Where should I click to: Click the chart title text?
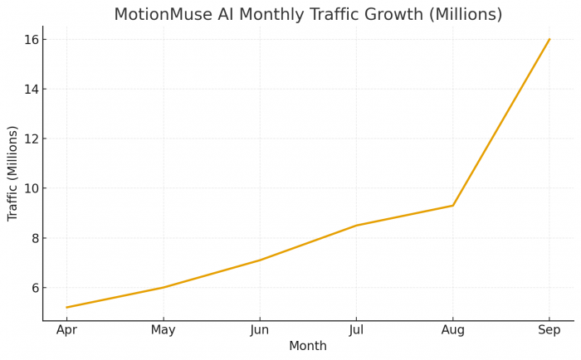(308, 14)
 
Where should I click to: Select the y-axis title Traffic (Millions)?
(12, 173)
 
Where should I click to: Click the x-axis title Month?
(308, 346)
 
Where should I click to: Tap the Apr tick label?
(66, 329)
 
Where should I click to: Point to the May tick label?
(163, 329)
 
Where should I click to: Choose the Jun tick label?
(260, 329)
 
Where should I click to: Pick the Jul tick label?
(356, 329)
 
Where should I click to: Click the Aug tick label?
(452, 329)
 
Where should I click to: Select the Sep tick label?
(549, 329)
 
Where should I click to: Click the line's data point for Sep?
(549, 39)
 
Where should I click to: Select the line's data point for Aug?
(452, 206)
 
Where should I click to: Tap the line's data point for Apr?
(66, 308)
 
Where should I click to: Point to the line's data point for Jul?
(356, 226)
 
